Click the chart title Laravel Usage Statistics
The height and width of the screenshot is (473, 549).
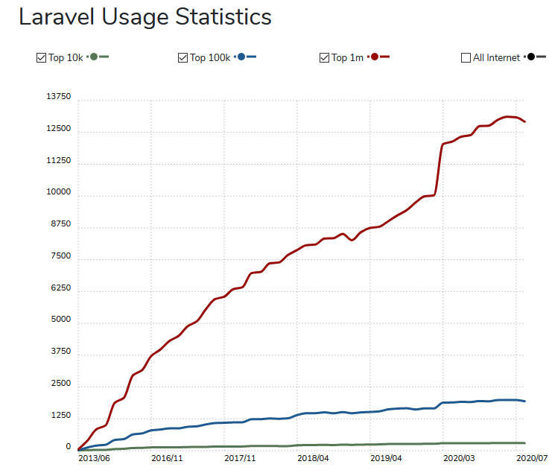(145, 17)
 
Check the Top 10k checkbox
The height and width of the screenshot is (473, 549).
(41, 57)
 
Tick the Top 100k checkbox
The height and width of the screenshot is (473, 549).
(183, 57)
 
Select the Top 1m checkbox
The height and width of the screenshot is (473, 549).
(324, 57)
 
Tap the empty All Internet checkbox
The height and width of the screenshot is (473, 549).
(466, 57)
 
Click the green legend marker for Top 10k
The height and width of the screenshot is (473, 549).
(94, 57)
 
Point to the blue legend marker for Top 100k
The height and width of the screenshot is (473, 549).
(241, 57)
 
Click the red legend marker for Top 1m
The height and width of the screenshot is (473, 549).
(374, 57)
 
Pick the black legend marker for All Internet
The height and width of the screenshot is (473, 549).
(530, 57)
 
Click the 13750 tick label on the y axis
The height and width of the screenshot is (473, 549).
(58, 97)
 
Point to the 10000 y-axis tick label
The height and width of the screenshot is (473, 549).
(58, 193)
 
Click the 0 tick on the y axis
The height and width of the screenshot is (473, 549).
(68, 447)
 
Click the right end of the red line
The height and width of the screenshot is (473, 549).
(526, 121)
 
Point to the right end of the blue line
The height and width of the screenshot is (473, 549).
(526, 401)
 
